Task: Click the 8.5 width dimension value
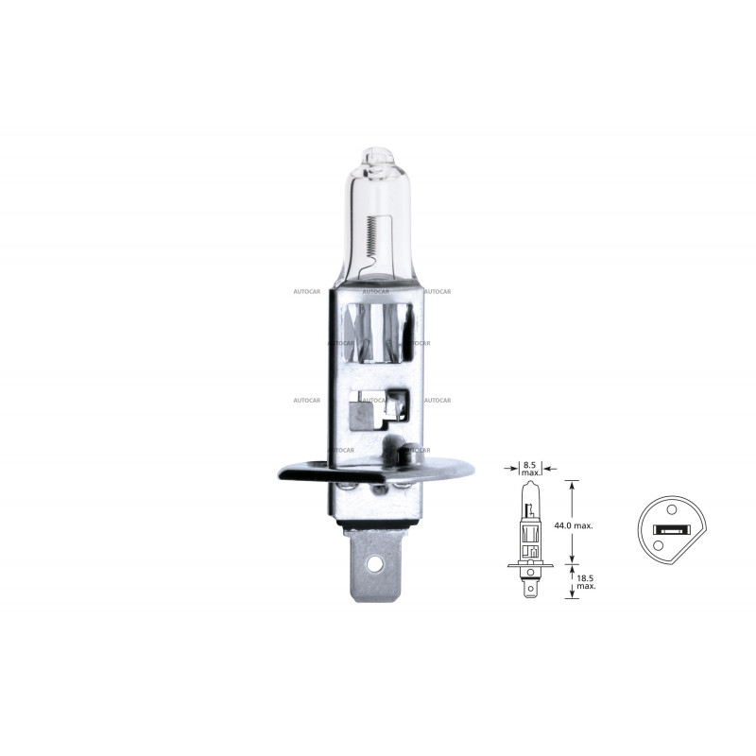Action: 529,465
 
